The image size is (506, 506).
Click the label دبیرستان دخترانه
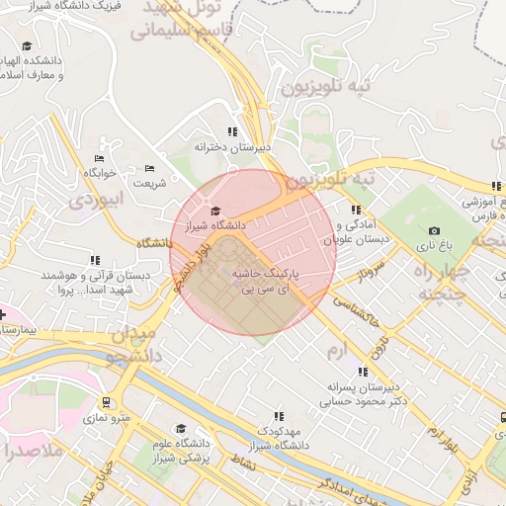pos(232,147)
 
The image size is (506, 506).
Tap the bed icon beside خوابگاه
pos(99,158)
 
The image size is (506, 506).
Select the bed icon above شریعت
pos(150,168)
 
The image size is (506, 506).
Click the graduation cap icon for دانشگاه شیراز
pos(215,211)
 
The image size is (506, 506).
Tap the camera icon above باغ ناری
pos(433,230)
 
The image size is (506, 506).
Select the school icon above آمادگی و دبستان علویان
pos(355,210)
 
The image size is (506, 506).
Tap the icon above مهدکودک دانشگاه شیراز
pos(278,416)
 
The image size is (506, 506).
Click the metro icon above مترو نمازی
pos(107,404)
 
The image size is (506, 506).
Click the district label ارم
pos(338,351)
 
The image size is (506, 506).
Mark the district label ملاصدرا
pos(32,453)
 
